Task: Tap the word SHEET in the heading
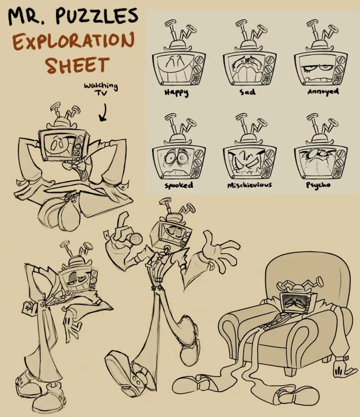(x=77, y=65)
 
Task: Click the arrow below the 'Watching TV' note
(x=103, y=113)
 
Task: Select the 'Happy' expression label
(x=176, y=92)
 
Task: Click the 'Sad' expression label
(x=248, y=92)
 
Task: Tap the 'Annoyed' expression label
(x=323, y=92)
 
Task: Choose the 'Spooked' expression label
(x=178, y=185)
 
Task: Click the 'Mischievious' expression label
(x=249, y=185)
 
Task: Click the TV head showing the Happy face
(x=179, y=68)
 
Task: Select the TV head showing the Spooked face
(x=179, y=162)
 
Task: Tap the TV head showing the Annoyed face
(x=321, y=68)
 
